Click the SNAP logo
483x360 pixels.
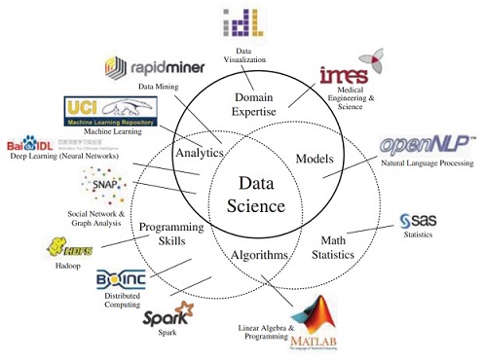(104, 182)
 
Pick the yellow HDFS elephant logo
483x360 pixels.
(64, 248)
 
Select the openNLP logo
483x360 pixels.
(426, 147)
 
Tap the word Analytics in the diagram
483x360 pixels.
(200, 153)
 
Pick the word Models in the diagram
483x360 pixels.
(315, 159)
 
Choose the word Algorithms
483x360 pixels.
(260, 255)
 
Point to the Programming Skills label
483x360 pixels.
(169, 234)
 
